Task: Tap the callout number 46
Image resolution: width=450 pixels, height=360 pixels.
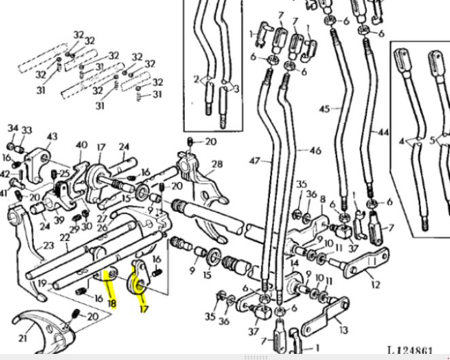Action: click(x=315, y=150)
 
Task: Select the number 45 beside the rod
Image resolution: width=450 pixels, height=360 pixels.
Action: click(x=324, y=109)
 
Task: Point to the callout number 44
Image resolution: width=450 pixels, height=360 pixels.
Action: click(x=384, y=132)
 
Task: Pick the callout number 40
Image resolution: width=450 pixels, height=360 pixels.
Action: click(x=82, y=145)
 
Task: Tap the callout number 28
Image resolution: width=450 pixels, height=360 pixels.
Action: click(x=217, y=164)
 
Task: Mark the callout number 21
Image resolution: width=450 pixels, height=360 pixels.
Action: click(x=23, y=338)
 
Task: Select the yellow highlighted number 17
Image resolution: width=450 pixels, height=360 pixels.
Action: click(x=143, y=308)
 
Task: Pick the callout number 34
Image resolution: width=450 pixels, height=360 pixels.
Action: click(x=13, y=128)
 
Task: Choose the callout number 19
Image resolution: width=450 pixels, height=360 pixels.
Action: click(x=42, y=285)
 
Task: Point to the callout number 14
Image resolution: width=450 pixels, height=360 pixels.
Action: click(x=294, y=261)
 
